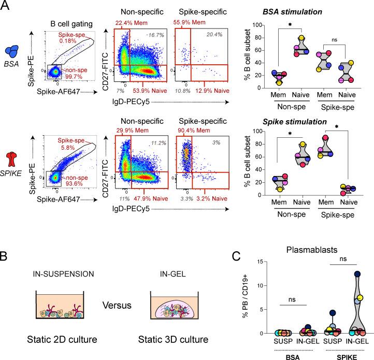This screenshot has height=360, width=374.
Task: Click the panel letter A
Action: (7, 7)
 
